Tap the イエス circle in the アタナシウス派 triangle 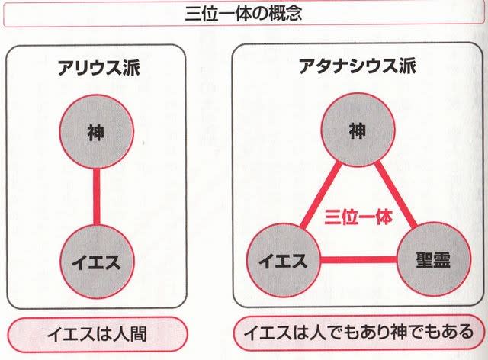coord(283,260)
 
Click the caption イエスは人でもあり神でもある coord(358,333)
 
